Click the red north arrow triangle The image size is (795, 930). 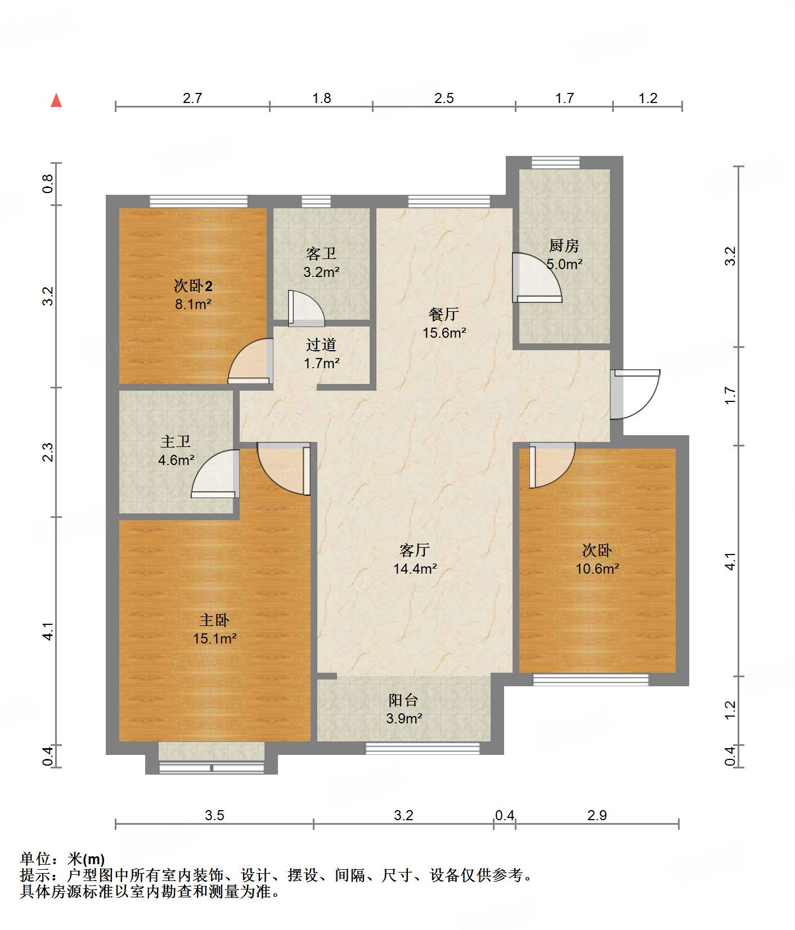pos(56,100)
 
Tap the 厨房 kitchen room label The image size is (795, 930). pos(564,245)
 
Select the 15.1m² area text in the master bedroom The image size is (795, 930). pos(214,638)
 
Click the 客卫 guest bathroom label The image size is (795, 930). pos(321,253)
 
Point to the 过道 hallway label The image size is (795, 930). pos(321,345)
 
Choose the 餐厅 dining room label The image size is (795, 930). pos(444,314)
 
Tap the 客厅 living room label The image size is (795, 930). pos(415,550)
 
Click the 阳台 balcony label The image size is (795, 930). pos(403,700)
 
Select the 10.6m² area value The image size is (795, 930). pos(597,569)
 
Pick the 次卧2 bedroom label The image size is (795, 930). pos(193,286)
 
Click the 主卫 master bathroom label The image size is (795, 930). pos(176,441)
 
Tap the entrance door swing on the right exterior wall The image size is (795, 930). pos(636,394)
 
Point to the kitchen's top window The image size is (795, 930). pos(555,163)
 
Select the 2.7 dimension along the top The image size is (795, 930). pos(192,99)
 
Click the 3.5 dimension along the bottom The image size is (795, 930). pos(214,815)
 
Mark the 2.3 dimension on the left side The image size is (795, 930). pos(49,452)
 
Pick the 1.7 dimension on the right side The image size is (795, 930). pos(730,395)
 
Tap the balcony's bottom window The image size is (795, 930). pos(423,748)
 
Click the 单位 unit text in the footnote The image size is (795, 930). pos(35,859)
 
